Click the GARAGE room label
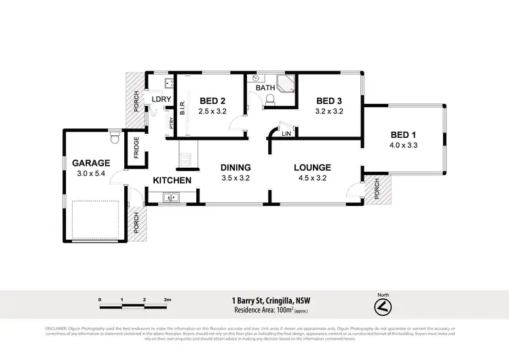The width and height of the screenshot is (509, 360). click(91, 163)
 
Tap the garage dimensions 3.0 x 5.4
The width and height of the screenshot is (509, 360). click(91, 174)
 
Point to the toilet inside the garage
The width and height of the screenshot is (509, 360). click(114, 139)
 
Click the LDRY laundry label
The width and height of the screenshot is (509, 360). click(162, 99)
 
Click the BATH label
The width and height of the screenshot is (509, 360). click(265, 87)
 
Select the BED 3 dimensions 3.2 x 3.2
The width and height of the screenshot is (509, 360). click(330, 111)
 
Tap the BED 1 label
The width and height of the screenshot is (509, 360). click(404, 134)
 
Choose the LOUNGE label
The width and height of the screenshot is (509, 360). click(312, 168)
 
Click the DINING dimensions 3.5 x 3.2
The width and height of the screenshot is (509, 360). click(235, 179)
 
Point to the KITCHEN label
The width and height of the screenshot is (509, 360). click(172, 181)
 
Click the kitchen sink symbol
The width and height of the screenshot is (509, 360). click(170, 198)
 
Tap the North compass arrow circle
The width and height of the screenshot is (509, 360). click(383, 307)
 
